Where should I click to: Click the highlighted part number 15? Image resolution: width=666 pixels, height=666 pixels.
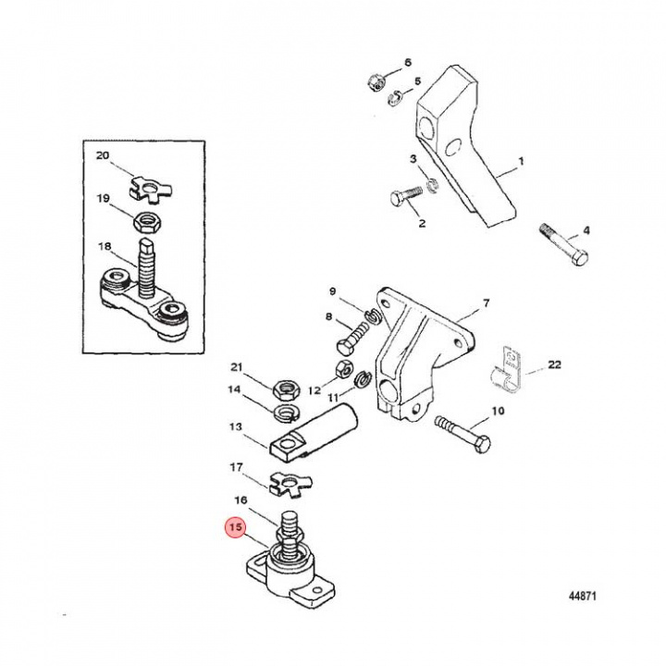[x=235, y=528]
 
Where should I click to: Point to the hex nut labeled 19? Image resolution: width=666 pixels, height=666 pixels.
[x=147, y=222]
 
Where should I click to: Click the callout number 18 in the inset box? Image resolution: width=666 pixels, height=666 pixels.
[x=104, y=247]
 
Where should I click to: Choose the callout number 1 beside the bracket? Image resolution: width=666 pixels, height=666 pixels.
[x=521, y=162]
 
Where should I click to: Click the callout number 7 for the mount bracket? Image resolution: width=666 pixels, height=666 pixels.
[x=486, y=302]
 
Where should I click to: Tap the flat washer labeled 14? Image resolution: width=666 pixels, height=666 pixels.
[x=283, y=408]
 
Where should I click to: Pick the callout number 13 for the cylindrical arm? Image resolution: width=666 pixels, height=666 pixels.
[x=234, y=427]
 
